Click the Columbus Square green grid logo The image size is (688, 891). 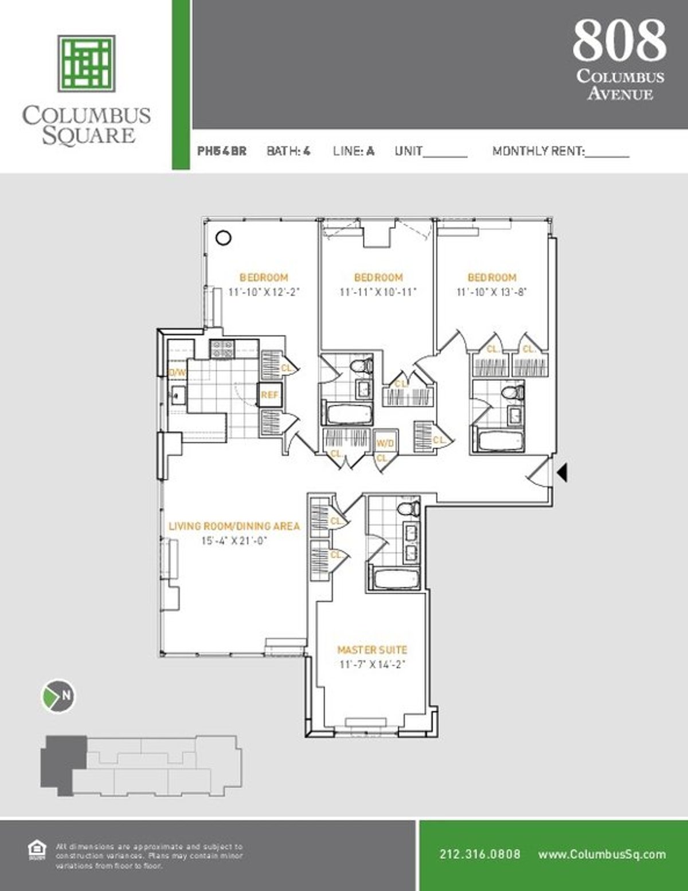[86, 63]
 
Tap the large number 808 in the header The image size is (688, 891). [619, 40]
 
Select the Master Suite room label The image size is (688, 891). [372, 650]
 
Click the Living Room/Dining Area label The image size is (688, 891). [234, 526]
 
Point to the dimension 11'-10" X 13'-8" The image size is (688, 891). [491, 292]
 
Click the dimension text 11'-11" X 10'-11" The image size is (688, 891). [378, 292]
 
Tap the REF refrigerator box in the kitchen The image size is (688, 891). [269, 394]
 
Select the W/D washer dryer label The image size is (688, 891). [385, 443]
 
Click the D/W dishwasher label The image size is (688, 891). [177, 372]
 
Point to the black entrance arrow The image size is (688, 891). [562, 472]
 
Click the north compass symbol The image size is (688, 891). [58, 695]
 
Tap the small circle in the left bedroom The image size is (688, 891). [223, 237]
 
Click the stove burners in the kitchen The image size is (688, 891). [222, 349]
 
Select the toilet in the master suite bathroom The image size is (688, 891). [408, 508]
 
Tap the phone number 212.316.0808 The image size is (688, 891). [480, 854]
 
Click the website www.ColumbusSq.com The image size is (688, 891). [602, 854]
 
